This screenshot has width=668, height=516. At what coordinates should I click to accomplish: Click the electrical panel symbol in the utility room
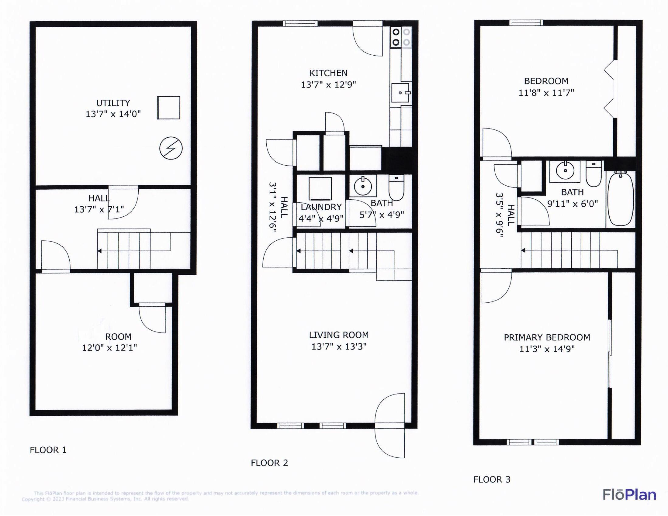pyautogui.click(x=171, y=148)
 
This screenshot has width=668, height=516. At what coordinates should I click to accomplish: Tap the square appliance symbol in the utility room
pyautogui.click(x=168, y=108)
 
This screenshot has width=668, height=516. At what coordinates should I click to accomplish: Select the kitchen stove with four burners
pyautogui.click(x=401, y=37)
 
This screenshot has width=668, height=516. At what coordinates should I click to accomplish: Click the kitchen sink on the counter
pyautogui.click(x=400, y=93)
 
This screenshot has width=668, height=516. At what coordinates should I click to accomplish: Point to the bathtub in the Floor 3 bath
pyautogui.click(x=621, y=199)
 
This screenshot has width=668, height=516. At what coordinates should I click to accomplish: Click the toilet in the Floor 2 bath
pyautogui.click(x=396, y=187)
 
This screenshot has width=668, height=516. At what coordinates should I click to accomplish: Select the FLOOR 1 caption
pyautogui.click(x=48, y=450)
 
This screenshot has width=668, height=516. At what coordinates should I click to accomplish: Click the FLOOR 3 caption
pyautogui.click(x=492, y=479)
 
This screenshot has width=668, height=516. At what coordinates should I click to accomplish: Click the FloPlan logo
pyautogui.click(x=629, y=495)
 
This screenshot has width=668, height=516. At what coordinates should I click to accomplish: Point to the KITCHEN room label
pyautogui.click(x=328, y=73)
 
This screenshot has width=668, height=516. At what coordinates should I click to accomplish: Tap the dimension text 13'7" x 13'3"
pyautogui.click(x=339, y=347)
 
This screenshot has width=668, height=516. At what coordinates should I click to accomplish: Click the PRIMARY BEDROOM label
pyautogui.click(x=547, y=338)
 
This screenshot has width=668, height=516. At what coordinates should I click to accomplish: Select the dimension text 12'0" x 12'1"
pyautogui.click(x=109, y=348)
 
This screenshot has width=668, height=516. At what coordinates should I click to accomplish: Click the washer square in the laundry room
pyautogui.click(x=320, y=189)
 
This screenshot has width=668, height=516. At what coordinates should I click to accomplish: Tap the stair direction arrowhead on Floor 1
pyautogui.click(x=99, y=251)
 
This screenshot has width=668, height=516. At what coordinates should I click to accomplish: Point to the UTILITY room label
pyautogui.click(x=113, y=103)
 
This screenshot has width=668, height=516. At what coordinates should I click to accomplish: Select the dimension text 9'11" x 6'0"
pyautogui.click(x=572, y=204)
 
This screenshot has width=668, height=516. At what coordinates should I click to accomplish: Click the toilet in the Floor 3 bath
pyautogui.click(x=594, y=174)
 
